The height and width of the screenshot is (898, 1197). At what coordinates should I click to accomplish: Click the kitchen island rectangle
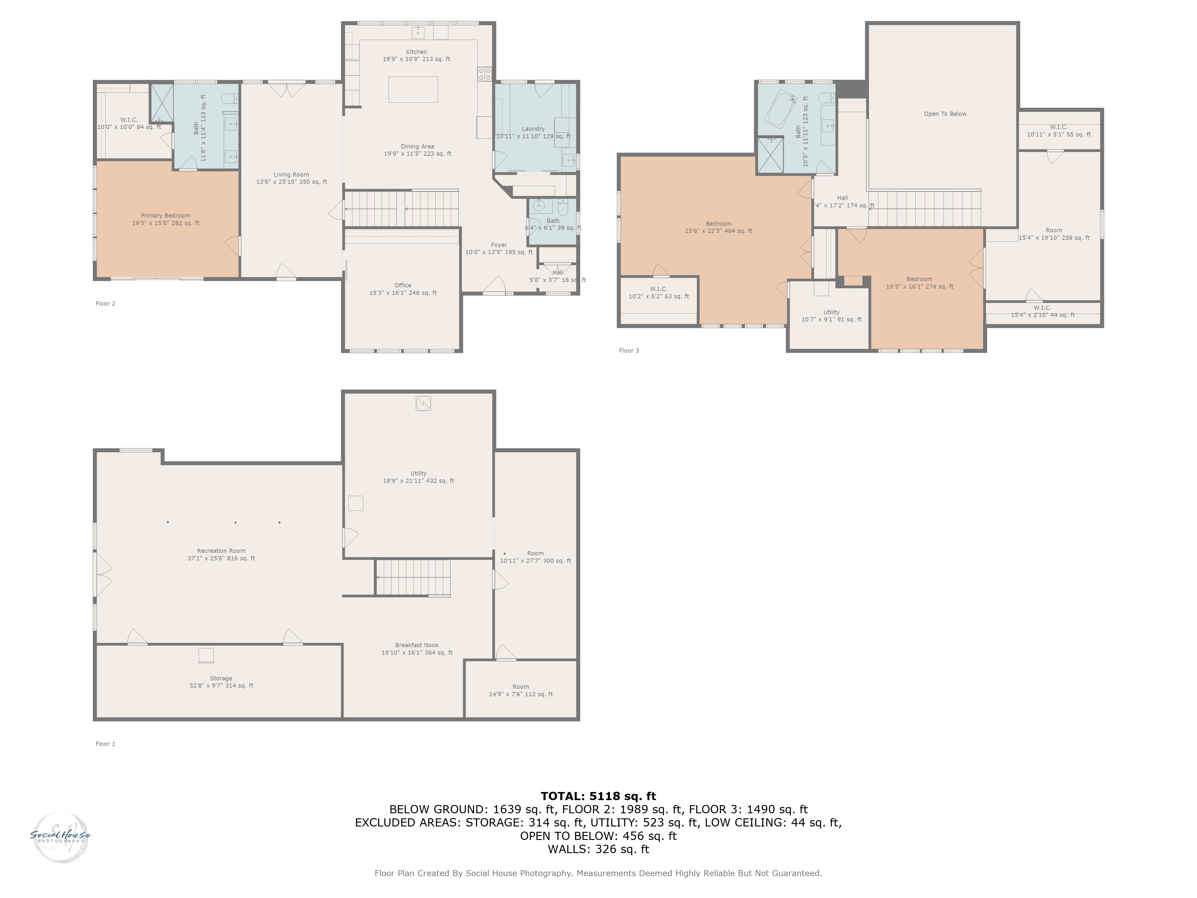[413, 89]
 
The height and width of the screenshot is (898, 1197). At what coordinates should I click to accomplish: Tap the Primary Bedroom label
[165, 219]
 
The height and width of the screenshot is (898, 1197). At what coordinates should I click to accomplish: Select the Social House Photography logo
[61, 836]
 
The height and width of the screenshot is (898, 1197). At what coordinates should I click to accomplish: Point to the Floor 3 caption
[629, 351]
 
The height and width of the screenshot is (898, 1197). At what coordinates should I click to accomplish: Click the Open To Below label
[945, 114]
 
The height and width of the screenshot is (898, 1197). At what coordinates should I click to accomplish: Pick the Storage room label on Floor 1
[221, 682]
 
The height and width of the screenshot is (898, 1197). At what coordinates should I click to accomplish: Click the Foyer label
[499, 248]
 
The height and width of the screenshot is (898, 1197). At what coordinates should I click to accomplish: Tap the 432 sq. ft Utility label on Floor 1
[418, 477]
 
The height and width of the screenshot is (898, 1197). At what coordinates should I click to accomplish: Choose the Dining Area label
[417, 150]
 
